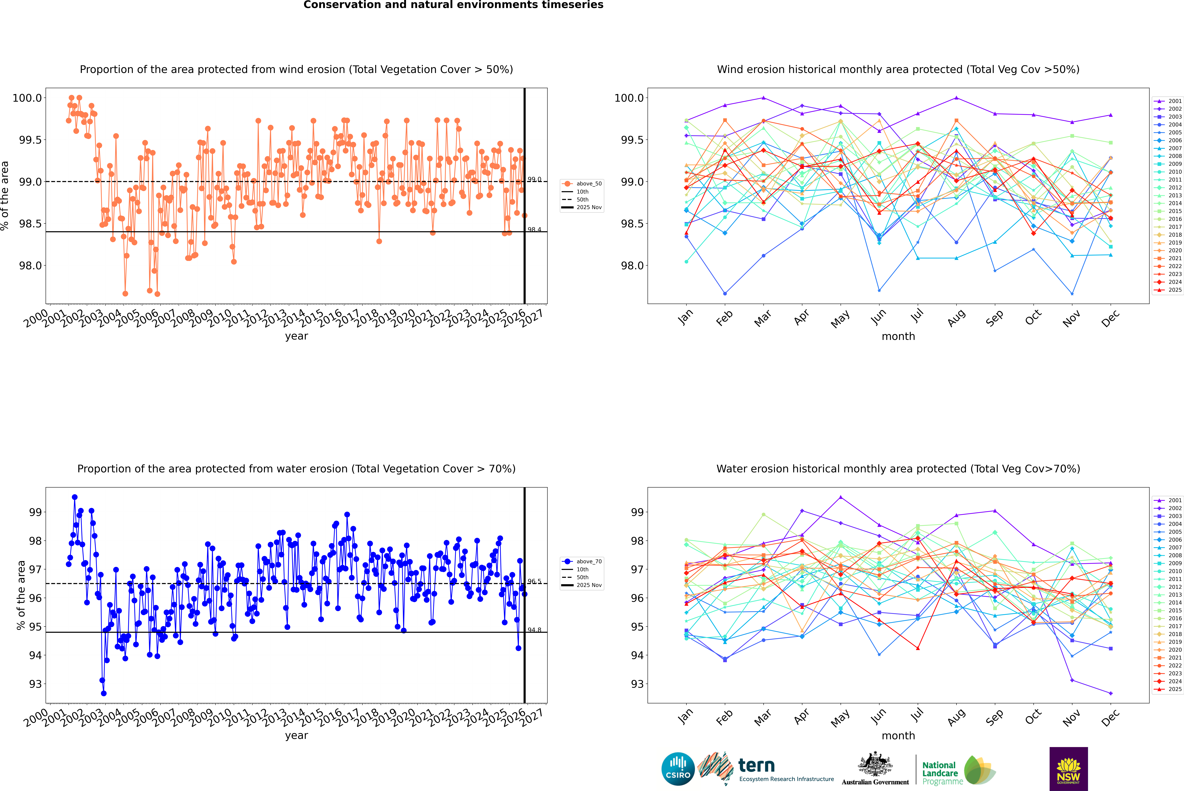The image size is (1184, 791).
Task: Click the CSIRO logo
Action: [x=678, y=769]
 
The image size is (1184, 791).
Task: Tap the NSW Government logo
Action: [x=1068, y=769]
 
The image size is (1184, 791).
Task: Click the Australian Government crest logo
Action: [x=875, y=769]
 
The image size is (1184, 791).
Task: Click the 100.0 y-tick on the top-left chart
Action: [x=27, y=98]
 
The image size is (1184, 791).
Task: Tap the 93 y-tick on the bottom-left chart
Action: [x=35, y=684]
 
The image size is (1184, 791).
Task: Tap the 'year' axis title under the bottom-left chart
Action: [x=296, y=736]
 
